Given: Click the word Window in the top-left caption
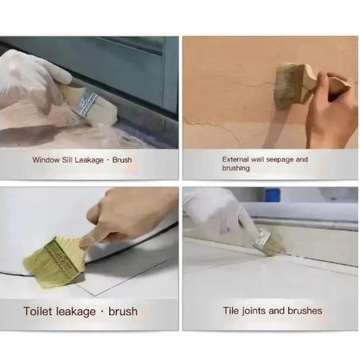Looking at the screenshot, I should point(47,159).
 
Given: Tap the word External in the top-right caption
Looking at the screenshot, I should point(237,159).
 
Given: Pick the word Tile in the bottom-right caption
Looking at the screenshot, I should point(231,311).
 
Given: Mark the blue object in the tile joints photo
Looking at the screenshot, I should point(273,195).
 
